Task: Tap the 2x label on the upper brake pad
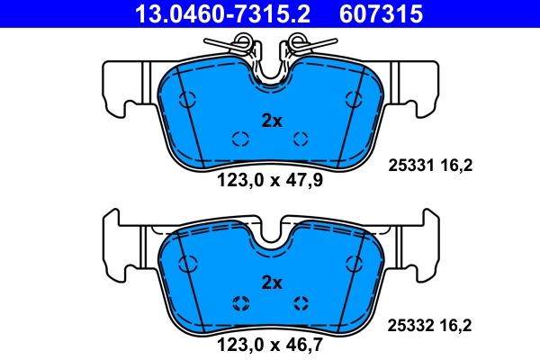(271, 121)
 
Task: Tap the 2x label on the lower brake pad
(271, 283)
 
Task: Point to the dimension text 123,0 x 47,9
(270, 180)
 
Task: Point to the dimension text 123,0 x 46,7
(270, 342)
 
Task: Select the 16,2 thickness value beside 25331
(455, 165)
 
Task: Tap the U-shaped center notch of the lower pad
(270, 236)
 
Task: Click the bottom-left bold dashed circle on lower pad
(239, 301)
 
